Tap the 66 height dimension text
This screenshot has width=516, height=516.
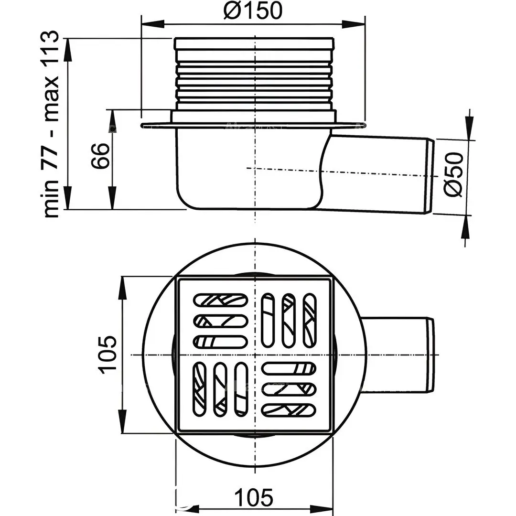tap(100, 156)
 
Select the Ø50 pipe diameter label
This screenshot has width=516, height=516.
tap(454, 174)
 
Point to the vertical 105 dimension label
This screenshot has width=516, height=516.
tap(107, 355)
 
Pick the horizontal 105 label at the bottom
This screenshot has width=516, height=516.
tap(254, 497)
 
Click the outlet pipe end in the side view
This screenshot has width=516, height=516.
tap(430, 176)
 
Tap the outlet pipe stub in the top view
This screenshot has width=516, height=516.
tap(398, 355)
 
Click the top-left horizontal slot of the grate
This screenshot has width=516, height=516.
tap(220, 300)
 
